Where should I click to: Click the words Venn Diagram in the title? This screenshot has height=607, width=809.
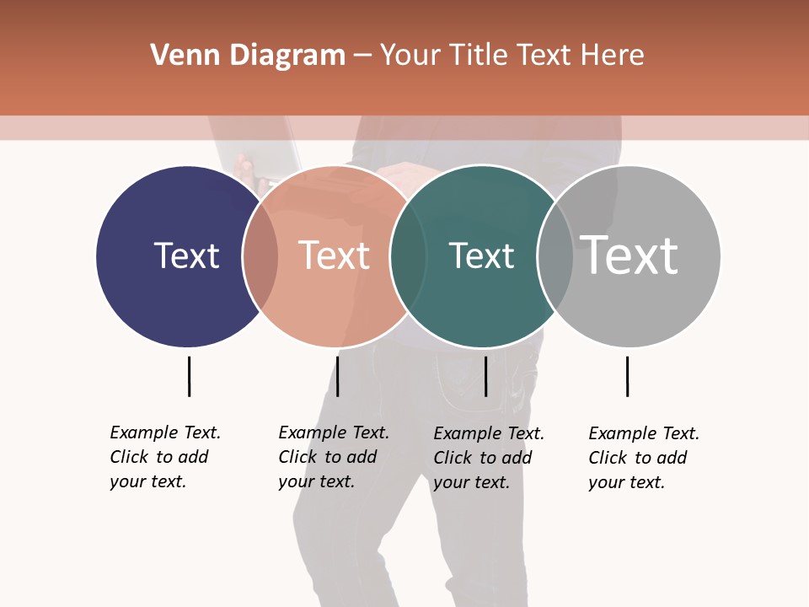coord(248,56)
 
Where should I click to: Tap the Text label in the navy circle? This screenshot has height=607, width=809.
coord(186,255)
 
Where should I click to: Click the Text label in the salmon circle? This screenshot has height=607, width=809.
coord(334,255)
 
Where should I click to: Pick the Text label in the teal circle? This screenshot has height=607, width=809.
coord(481,255)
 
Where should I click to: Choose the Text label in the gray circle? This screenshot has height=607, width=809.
coord(630,255)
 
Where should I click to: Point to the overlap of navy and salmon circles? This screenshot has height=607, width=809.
coord(260,256)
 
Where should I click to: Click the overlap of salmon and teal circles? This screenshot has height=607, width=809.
coord(408,256)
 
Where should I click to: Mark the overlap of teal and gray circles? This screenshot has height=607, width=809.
coord(555,256)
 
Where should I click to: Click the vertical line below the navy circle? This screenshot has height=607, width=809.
coord(189,376)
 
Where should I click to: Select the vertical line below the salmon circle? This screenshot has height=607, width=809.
coord(337,376)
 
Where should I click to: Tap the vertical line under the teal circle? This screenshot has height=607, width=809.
coord(485,376)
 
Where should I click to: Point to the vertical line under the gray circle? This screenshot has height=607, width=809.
coord(627,376)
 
